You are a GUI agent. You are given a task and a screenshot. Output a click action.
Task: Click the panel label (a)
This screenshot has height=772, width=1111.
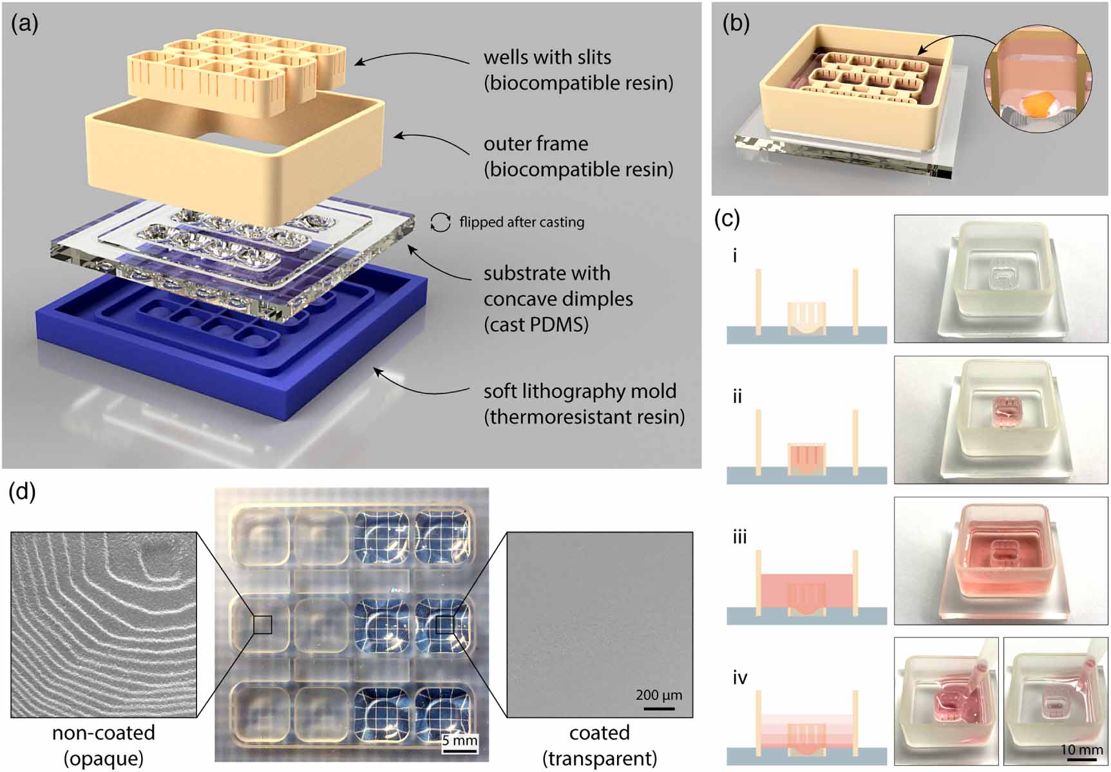[x=24, y=24]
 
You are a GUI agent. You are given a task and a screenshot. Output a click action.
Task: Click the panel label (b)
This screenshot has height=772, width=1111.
[x=736, y=24]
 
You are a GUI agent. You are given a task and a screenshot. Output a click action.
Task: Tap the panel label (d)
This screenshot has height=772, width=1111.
[x=22, y=492]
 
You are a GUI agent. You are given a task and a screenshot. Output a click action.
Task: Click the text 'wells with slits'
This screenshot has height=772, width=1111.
[x=547, y=57]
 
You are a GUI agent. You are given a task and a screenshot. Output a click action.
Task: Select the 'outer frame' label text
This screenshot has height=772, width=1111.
[x=536, y=144]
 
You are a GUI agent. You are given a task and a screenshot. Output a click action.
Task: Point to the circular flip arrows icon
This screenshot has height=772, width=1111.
[x=441, y=222]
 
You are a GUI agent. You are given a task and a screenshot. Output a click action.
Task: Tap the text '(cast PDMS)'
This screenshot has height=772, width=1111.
[x=536, y=325]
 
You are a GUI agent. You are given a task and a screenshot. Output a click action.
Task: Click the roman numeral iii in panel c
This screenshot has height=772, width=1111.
[x=739, y=536]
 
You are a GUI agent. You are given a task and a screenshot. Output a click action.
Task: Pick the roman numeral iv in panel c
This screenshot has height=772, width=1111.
[x=740, y=677]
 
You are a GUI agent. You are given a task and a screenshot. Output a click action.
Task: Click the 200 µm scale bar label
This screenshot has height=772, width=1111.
[x=658, y=695]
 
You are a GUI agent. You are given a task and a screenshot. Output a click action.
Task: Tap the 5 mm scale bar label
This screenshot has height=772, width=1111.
[x=460, y=740]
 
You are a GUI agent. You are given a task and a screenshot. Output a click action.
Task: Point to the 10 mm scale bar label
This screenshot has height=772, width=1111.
[x=1081, y=749]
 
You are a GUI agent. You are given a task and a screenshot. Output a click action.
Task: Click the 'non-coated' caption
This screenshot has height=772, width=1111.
[x=103, y=733]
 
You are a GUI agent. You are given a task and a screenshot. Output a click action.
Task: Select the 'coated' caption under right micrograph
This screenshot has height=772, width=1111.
[x=599, y=733]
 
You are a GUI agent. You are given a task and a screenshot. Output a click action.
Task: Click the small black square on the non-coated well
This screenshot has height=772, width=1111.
[x=262, y=625]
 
